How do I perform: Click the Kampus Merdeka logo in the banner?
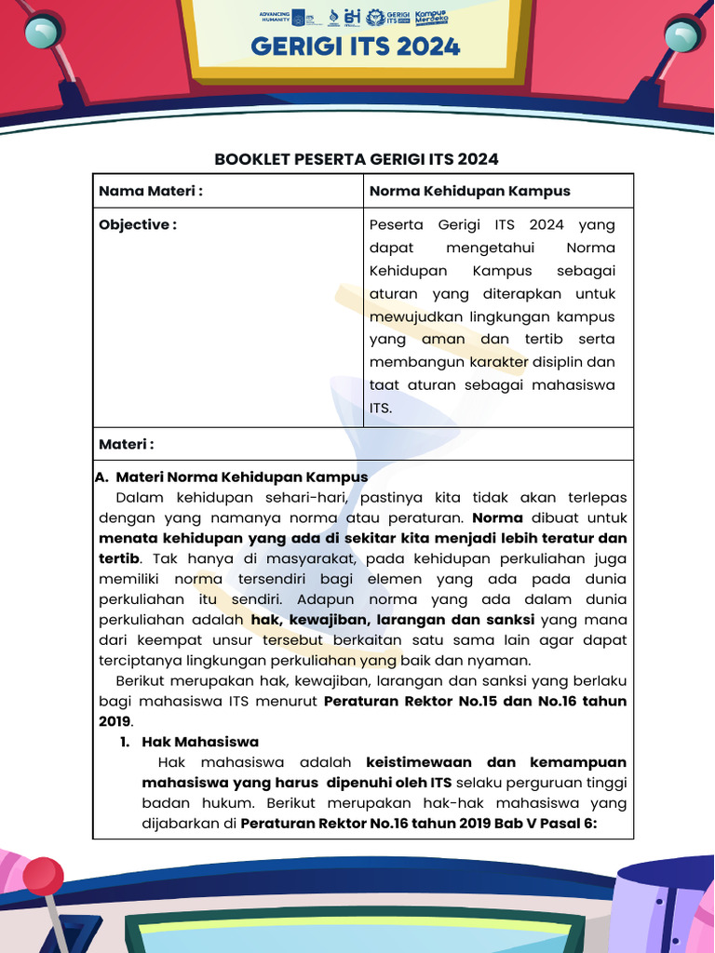pyautogui.click(x=432, y=17)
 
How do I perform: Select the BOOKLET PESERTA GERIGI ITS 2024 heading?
pyautogui.click(x=357, y=159)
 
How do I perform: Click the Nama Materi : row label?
pyautogui.click(x=151, y=191)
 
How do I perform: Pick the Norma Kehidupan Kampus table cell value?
pyautogui.click(x=469, y=191)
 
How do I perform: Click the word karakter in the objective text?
pyautogui.click(x=498, y=362)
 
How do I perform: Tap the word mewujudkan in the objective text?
pyautogui.click(x=413, y=316)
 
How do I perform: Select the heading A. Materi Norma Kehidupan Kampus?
pyautogui.click(x=233, y=476)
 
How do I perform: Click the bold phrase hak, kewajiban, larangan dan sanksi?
pyautogui.click(x=392, y=620)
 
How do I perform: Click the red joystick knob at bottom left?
pyautogui.click(x=43, y=876)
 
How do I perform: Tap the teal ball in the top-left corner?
pyautogui.click(x=40, y=34)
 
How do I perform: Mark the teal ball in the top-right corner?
pyautogui.click(x=681, y=35)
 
